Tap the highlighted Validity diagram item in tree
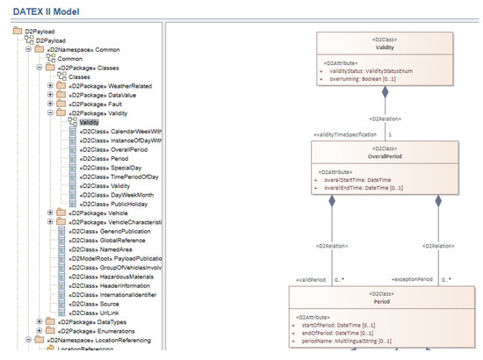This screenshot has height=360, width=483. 89,122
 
